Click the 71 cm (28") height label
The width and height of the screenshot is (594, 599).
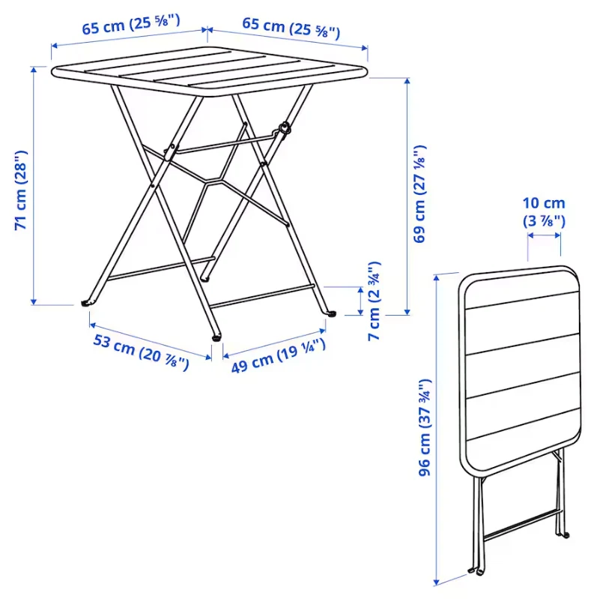[21, 190]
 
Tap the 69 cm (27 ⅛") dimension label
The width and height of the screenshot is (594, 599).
[419, 193]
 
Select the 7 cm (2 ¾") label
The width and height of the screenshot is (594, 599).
[374, 301]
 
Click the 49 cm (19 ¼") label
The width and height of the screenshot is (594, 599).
[279, 355]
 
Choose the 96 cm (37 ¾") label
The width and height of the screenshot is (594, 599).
[424, 427]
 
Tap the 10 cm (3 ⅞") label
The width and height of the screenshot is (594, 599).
[544, 212]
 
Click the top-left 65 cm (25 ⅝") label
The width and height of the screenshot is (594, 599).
[131, 25]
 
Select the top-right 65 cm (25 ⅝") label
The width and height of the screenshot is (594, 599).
[291, 28]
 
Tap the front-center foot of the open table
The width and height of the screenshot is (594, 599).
[216, 337]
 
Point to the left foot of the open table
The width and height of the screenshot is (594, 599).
[86, 304]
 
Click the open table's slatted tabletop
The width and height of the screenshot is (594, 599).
[210, 71]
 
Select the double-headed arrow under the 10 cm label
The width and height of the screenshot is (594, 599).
[544, 235]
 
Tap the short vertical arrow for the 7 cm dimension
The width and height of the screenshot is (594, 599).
[360, 301]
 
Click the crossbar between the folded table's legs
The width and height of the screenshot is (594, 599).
[521, 524]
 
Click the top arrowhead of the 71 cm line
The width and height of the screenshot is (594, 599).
[34, 69]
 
